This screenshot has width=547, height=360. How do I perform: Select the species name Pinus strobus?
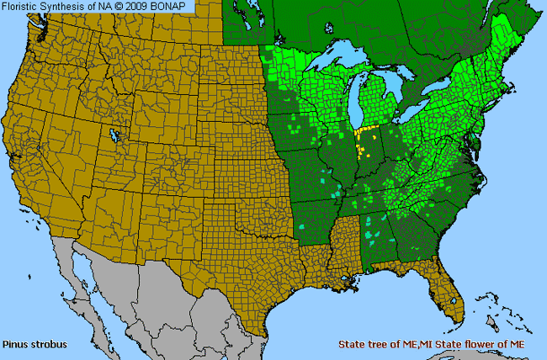pos(35,345)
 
